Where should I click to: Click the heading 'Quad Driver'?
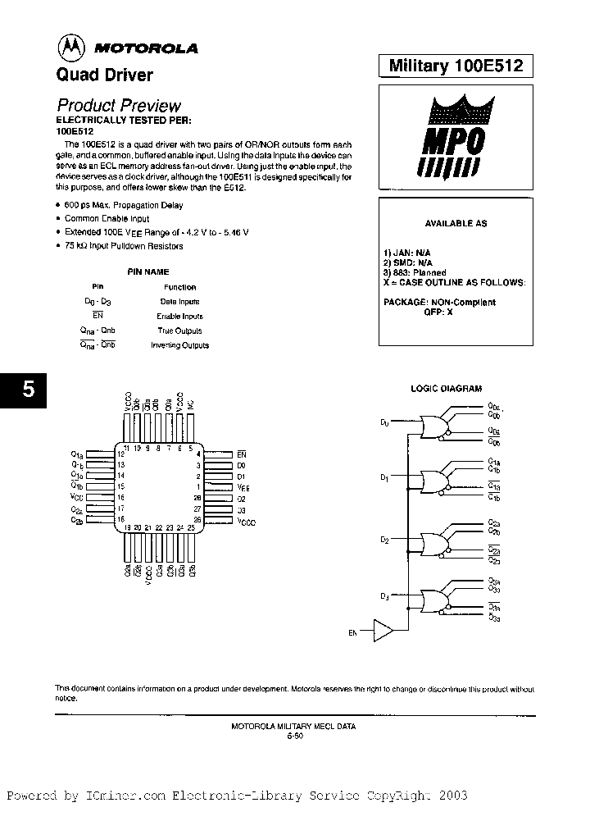pos(104,75)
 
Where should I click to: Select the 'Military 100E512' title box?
pos(456,66)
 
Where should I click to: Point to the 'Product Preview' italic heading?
pos(119,105)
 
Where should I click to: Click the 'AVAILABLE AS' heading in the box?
pos(455,223)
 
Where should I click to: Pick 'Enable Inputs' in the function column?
pos(179,316)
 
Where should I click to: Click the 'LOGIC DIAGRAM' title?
pos(446,389)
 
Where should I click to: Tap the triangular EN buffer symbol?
pos(383,630)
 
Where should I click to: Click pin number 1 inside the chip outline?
pos(198,486)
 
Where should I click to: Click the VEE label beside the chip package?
pos(243,486)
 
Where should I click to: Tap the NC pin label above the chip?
pos(190,405)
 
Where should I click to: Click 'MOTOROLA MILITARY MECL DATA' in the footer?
pos(293,727)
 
